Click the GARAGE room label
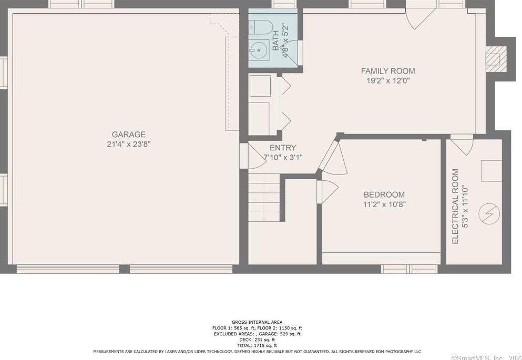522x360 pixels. pos(128,135)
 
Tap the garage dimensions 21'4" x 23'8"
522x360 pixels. pos(128,144)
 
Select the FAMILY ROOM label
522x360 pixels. pos(387,71)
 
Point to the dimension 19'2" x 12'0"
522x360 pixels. pos(387,80)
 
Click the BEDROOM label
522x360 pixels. pos(384,194)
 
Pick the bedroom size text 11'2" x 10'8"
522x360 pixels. pos(384,204)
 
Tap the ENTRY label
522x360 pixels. pos(283,148)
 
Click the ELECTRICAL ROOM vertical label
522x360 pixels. pos(455,206)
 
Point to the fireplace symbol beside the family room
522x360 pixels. pos(494,58)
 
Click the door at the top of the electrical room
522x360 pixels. pos(462,144)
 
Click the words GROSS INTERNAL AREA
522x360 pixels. pos(257,322)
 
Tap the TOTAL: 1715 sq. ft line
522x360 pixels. pos(257,345)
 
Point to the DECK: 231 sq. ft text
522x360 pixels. pos(257,340)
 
